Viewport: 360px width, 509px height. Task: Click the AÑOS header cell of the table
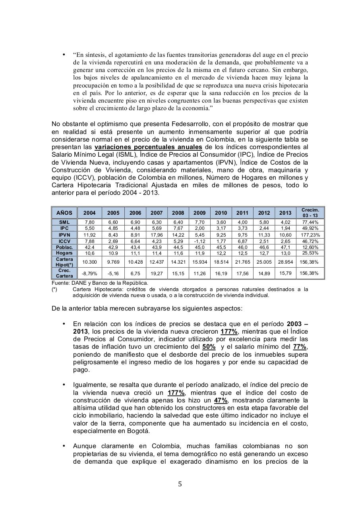(x=64, y=213)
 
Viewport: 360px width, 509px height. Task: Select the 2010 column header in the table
(x=221, y=213)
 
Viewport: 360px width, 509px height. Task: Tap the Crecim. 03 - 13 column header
(x=310, y=213)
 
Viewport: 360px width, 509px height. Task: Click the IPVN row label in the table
(x=64, y=235)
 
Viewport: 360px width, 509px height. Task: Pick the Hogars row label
(x=64, y=253)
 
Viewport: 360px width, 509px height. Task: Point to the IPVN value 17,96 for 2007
(x=157, y=235)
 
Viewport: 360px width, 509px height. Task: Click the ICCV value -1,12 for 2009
(x=199, y=241)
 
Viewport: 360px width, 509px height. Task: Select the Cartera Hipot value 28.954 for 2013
(x=285, y=262)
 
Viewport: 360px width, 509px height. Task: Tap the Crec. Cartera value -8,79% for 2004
(x=89, y=274)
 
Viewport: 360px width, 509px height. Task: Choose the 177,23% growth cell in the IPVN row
(x=310, y=235)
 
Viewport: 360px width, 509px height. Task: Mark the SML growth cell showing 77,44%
(x=310, y=222)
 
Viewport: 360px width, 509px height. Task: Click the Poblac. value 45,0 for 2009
(x=199, y=247)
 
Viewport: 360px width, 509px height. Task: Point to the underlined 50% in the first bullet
(x=209, y=347)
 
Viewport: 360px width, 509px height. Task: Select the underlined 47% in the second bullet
(x=221, y=400)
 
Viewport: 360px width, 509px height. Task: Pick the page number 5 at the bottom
(x=180, y=484)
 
